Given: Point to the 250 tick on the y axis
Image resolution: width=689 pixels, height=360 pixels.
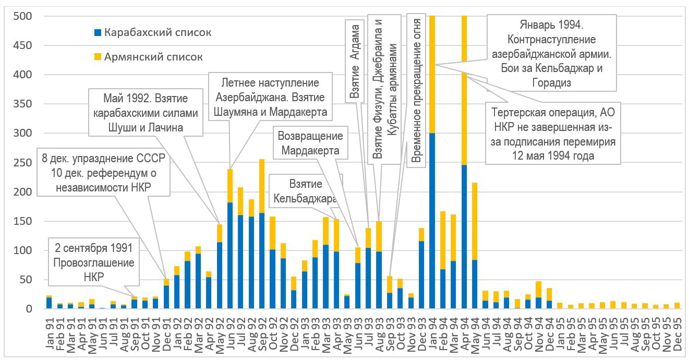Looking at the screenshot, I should point(26,163).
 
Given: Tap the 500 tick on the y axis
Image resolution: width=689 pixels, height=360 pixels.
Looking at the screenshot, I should point(26,16).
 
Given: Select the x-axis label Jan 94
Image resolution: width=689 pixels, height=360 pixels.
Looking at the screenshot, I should point(432,329).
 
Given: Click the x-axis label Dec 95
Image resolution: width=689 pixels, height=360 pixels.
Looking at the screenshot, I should point(678,329).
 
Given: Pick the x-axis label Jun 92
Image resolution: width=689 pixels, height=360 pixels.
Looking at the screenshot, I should point(229,329).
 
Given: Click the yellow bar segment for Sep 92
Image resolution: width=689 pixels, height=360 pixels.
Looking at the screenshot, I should point(262,186).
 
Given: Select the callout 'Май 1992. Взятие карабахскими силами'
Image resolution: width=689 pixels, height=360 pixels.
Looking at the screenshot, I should point(146,112).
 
